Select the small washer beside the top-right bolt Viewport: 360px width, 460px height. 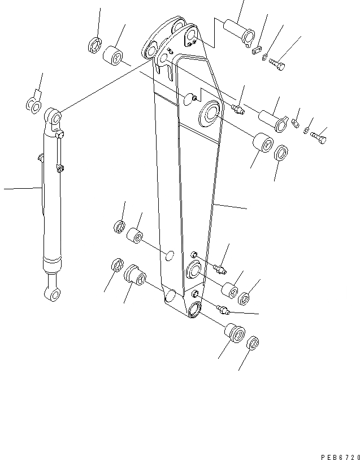click(266, 55)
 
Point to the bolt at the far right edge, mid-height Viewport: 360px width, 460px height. click(319, 136)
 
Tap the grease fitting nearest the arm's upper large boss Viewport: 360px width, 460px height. click(237, 108)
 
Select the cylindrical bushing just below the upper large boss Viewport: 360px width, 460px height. click(263, 145)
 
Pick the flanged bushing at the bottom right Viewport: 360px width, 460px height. click(235, 333)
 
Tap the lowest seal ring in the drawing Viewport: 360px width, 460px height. click(253, 342)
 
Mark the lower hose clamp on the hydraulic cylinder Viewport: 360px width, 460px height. click(59, 167)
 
